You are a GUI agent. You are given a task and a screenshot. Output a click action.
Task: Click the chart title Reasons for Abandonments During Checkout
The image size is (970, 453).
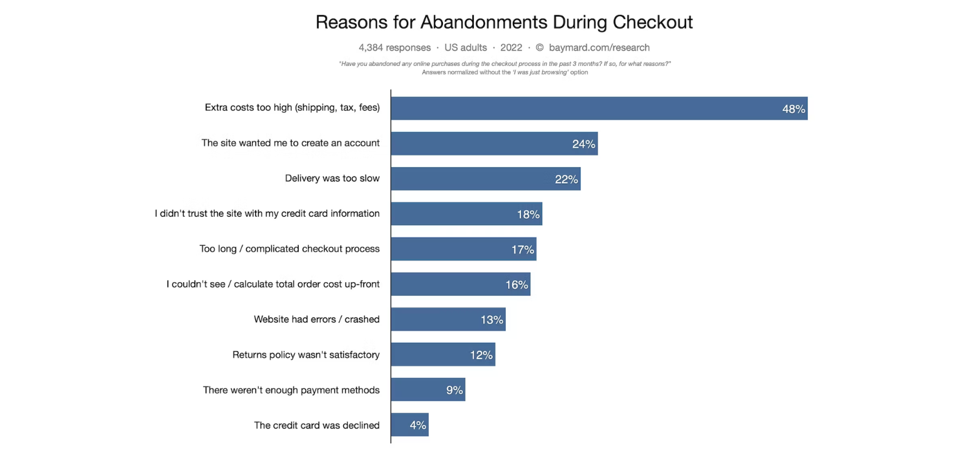[x=504, y=22]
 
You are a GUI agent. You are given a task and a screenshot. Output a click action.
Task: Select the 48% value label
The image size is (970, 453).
[x=793, y=109]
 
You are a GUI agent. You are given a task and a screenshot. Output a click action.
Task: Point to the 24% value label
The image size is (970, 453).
[x=583, y=144]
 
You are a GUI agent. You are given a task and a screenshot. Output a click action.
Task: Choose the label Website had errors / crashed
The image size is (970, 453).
[x=316, y=319]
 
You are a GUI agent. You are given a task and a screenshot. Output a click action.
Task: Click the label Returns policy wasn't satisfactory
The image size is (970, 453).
[x=306, y=355]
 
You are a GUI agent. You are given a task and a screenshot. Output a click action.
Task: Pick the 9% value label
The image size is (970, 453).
[x=454, y=390]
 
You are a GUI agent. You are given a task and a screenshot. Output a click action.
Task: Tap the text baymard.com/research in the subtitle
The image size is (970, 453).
[x=599, y=47]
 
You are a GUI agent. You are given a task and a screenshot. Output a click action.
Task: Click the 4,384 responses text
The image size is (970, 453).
[x=394, y=47]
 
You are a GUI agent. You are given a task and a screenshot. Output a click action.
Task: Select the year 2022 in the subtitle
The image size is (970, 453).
[x=511, y=47]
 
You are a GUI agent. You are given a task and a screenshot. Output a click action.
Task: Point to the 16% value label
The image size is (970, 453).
[x=517, y=284]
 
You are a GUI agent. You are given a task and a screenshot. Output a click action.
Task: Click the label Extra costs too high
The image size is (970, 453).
[x=292, y=107]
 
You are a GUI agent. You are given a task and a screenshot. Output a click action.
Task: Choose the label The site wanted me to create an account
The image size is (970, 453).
[x=290, y=142]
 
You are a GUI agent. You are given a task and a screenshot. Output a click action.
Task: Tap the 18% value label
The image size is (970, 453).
[x=528, y=214]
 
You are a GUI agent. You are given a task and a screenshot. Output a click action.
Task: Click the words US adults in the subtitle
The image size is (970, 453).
[x=466, y=47]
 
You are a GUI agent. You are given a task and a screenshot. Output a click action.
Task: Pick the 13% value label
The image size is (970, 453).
[x=491, y=320]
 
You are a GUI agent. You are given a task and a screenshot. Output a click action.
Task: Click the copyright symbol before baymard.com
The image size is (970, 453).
[x=539, y=47]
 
